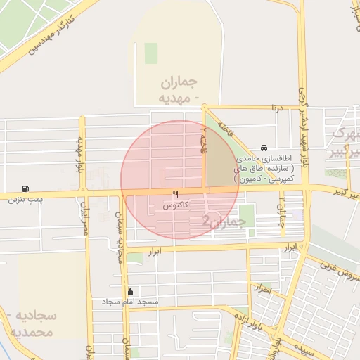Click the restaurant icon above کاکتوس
click(175, 194)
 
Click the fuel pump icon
click(26, 188)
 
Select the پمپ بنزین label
click(25, 200)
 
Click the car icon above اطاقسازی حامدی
click(263, 148)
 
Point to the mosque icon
click(129, 291)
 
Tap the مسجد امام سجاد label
click(131, 302)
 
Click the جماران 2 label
click(224, 221)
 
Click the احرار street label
click(261, 288)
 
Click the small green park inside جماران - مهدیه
click(150, 53)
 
